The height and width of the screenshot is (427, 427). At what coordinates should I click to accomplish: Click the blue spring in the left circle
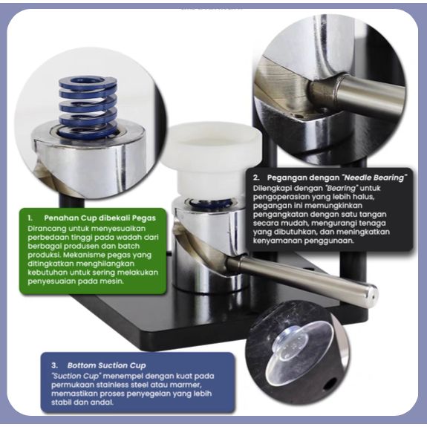(x=88, y=107)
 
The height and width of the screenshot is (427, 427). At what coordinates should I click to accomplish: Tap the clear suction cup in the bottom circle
(x=299, y=352)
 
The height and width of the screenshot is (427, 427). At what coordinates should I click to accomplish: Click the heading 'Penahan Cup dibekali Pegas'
(x=100, y=218)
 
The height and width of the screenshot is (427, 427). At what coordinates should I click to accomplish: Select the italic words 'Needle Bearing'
(x=374, y=177)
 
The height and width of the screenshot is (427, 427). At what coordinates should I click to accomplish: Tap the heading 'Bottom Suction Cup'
(x=106, y=365)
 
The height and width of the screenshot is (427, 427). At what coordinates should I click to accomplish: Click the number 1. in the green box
(x=30, y=218)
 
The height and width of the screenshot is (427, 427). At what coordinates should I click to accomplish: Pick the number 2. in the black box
(x=256, y=177)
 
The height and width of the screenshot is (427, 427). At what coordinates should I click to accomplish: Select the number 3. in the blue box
(x=54, y=365)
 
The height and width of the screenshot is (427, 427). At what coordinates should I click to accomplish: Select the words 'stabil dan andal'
(x=82, y=402)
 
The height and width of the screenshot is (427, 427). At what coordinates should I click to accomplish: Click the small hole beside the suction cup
(x=330, y=385)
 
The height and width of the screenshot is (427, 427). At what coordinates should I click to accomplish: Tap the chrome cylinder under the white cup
(x=209, y=245)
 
